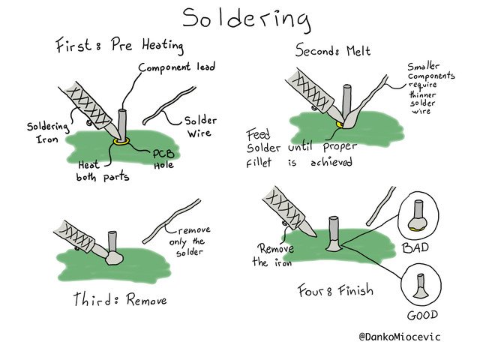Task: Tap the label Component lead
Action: coord(177,67)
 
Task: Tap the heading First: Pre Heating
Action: coord(120,46)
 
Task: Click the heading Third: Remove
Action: coord(120,300)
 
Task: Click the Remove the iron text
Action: coord(274,255)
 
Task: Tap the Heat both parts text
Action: coord(95,170)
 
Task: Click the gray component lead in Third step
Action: coord(113,241)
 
